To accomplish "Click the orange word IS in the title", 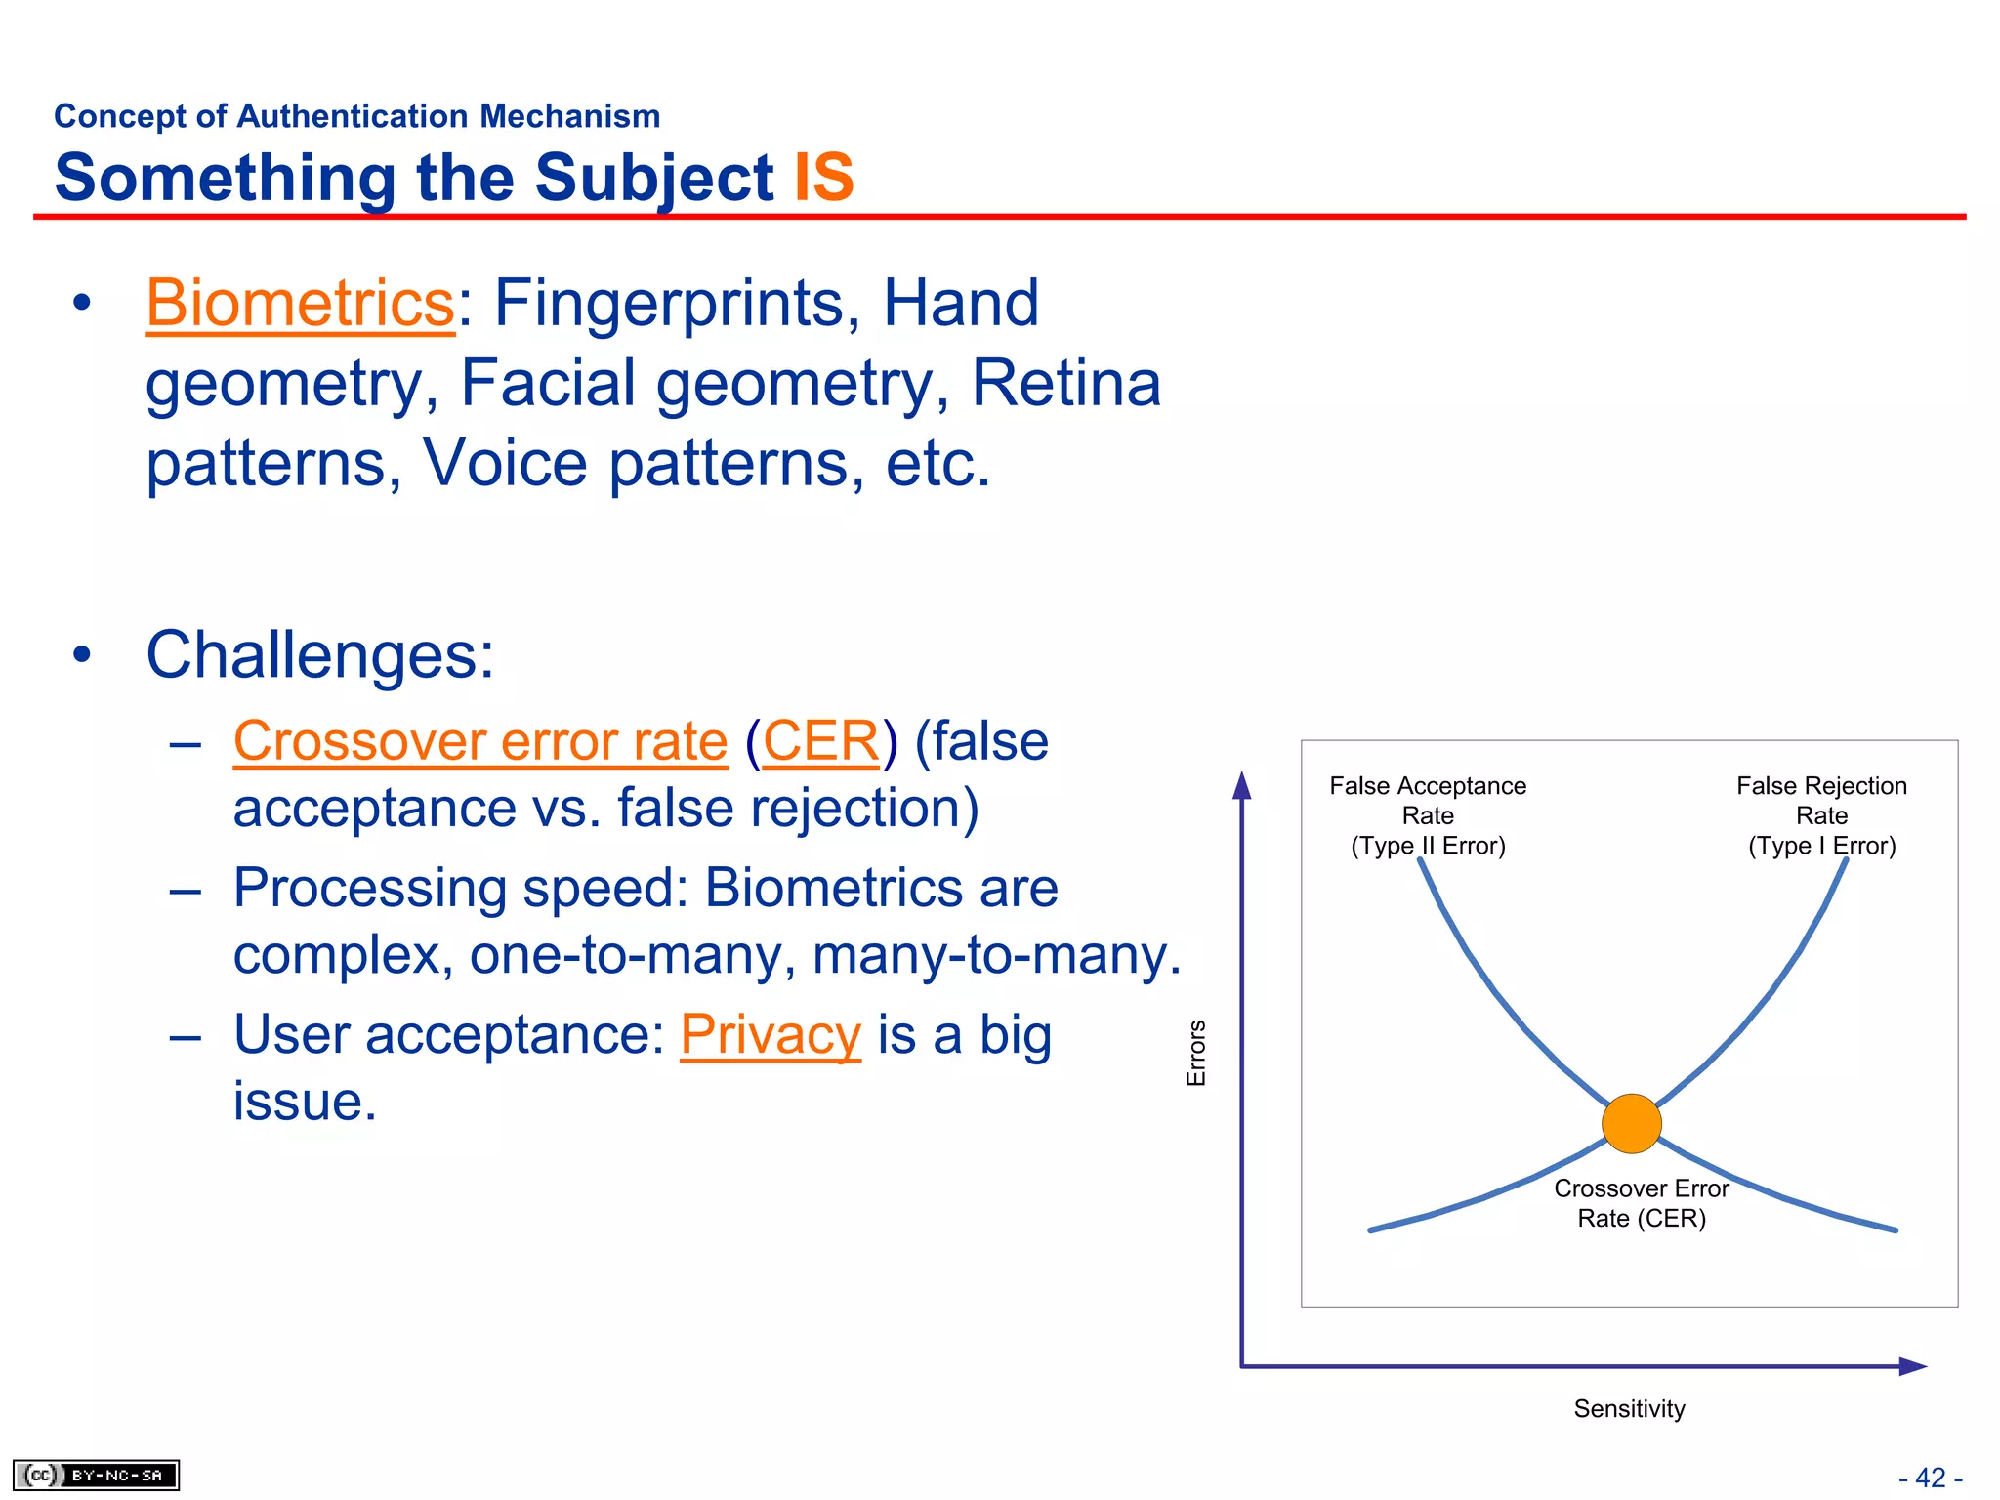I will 823,178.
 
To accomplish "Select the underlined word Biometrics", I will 300,303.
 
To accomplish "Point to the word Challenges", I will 319,654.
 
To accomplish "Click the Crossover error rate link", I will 480,741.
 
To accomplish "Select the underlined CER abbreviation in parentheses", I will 820,741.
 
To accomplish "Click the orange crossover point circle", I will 1631,1123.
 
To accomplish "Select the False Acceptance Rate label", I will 1427,814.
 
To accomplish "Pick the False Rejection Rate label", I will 1820,814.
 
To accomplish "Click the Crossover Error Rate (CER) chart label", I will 1641,1202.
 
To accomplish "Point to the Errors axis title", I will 1195,1053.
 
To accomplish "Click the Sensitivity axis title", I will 1628,1408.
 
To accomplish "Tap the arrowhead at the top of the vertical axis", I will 1241,785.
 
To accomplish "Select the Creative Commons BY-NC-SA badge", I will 96,1475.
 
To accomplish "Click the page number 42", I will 1930,1478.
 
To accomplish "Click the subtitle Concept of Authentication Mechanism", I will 356,116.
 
